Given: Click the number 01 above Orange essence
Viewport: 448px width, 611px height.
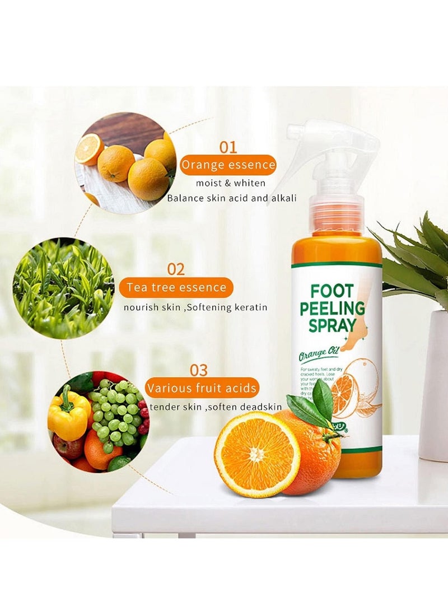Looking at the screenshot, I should tap(228, 147).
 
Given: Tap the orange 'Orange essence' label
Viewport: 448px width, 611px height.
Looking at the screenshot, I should tap(228, 165).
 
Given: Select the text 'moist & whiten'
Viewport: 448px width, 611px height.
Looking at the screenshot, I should tap(231, 183).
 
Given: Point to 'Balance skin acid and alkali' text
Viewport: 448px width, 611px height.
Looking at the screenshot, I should tap(232, 198).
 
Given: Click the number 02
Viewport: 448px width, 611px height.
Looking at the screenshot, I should tap(176, 269).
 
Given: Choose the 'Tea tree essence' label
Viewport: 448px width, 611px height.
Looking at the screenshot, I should tap(176, 288).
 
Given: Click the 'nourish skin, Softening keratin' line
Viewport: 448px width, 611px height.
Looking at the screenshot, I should tap(195, 307).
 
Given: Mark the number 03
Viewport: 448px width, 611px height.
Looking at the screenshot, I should tap(198, 370).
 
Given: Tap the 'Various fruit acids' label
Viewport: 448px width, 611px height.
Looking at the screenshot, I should tap(202, 388).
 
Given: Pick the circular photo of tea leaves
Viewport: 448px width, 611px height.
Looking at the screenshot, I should tap(63, 288).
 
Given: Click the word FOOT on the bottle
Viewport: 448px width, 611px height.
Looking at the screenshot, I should tap(333, 292).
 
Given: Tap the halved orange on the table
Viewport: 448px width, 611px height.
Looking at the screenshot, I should tap(257, 453).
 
